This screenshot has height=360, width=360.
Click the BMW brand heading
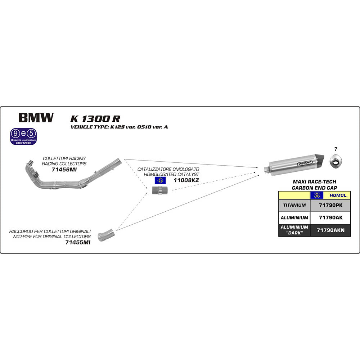coord(36,118)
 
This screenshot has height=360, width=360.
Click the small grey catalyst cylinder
coord(159,190)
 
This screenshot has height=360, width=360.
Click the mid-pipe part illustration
coord(106,235)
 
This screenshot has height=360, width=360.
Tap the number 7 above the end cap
coord(336,149)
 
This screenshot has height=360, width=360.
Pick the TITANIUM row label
coord(294,205)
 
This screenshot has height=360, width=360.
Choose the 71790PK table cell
coord(330,205)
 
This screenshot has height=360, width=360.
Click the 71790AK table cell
coord(330,218)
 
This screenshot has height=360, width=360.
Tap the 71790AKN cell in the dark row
coord(330,230)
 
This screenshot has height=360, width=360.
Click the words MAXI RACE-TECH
coord(314,182)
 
